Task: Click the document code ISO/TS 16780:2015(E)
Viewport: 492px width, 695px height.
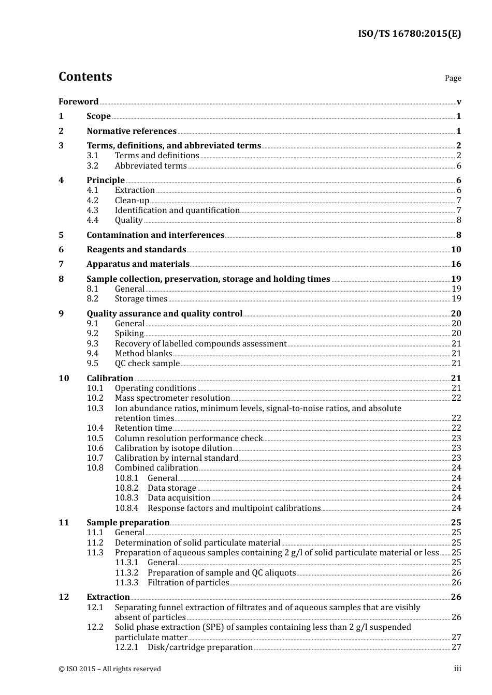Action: tap(409, 34)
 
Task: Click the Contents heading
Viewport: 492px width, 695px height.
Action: tap(85, 77)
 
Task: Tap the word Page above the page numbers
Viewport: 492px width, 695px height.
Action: tap(453, 78)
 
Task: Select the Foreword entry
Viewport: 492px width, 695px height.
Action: tap(78, 102)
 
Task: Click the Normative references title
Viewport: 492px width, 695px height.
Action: tap(132, 131)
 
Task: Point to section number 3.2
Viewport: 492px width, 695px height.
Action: tap(93, 166)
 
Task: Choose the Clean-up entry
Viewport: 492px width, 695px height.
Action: tap(132, 201)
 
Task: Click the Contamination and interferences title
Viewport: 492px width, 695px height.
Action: tap(155, 235)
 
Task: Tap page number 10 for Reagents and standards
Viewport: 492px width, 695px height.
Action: tap(456, 250)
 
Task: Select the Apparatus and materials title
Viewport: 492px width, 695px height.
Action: tap(138, 264)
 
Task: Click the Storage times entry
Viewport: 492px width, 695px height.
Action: tap(141, 299)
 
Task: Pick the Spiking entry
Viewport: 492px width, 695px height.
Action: tap(129, 334)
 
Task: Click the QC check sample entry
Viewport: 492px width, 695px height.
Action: tap(147, 364)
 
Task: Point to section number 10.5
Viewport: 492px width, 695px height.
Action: tap(95, 439)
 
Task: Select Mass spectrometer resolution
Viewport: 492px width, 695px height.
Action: tap(172, 398)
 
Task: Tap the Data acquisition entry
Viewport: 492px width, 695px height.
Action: tap(179, 498)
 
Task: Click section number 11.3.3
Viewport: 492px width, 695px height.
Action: tap(126, 583)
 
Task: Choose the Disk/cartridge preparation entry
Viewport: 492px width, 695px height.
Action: tap(200, 647)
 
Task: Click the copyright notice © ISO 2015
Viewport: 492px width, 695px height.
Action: tap(109, 669)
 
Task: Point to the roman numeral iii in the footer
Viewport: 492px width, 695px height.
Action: tap(457, 669)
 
